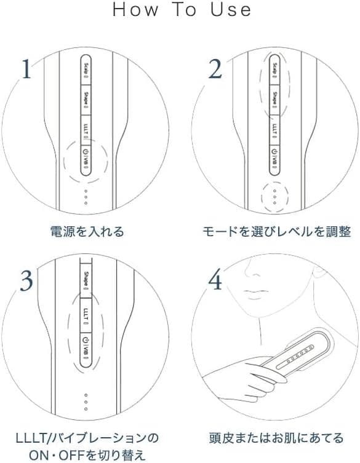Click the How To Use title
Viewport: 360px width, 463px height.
click(x=182, y=10)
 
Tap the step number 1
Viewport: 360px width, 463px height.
click(x=26, y=69)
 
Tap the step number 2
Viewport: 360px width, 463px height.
click(x=215, y=69)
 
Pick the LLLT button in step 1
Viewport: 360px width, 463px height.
click(x=86, y=129)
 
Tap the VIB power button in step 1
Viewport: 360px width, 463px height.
click(x=86, y=159)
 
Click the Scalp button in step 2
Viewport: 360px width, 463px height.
click(x=274, y=69)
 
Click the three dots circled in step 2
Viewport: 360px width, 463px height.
click(x=274, y=195)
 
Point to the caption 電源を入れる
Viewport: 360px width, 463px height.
click(x=87, y=232)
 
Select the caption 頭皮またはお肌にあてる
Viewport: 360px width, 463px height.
click(x=276, y=438)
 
